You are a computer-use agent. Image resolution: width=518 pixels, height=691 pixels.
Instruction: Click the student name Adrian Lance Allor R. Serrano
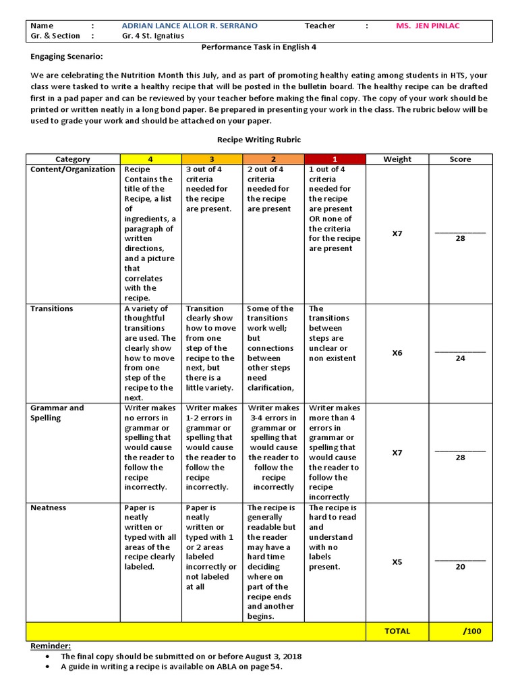[190, 26]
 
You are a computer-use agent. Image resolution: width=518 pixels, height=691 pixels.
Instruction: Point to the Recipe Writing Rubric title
[259, 139]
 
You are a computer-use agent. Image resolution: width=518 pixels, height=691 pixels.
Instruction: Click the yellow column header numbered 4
[150, 159]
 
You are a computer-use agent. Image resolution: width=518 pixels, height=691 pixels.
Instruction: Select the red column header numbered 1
[335, 159]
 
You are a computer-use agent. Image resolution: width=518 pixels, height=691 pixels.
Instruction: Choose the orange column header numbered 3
[212, 159]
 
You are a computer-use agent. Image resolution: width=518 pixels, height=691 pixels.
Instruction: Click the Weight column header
[397, 159]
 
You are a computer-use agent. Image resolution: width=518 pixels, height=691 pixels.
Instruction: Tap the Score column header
[460, 159]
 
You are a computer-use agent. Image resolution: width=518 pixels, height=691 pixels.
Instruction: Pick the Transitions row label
[52, 308]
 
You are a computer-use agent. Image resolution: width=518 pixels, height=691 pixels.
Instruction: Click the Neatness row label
[49, 507]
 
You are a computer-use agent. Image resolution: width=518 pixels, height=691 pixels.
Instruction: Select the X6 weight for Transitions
[397, 353]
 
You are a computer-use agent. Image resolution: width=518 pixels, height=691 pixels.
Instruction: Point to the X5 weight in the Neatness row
[397, 561]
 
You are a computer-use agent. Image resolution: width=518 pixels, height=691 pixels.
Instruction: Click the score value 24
[460, 358]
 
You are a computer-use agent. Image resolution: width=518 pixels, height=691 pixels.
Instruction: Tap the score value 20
[460, 567]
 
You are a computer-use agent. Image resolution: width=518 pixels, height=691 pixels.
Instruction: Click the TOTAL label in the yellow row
[397, 631]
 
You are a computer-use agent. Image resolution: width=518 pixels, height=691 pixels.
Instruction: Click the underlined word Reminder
[51, 646]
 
